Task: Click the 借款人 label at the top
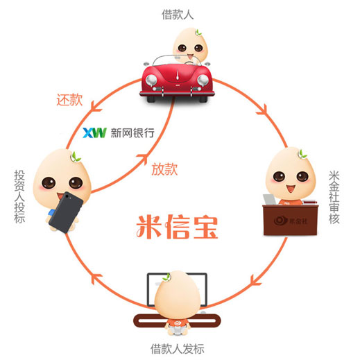coord(178,15)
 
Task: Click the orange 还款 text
coord(69,100)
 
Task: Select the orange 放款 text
coord(164,169)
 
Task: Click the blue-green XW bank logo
coord(94,132)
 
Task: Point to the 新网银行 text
coord(132,133)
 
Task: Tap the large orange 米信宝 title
coord(178,227)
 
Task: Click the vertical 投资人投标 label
coord(19,197)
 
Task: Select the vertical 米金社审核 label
coord(334,197)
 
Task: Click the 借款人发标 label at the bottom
coord(178,349)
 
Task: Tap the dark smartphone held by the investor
coord(66,212)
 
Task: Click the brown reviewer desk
coord(291,220)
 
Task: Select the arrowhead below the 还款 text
coord(95,108)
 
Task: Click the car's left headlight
coord(151,80)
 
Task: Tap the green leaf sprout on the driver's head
coord(199,33)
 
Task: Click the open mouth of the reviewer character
coord(291,189)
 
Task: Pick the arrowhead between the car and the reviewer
coord(263,109)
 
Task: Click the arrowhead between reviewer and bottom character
coord(255,280)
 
